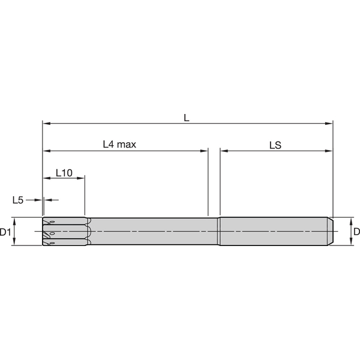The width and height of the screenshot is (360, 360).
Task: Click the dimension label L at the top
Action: pyautogui.click(x=187, y=118)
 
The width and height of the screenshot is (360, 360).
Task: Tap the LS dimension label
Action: pyautogui.click(x=275, y=145)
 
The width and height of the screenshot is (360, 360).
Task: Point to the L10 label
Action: pyautogui.click(x=64, y=172)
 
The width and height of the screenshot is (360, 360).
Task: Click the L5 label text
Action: pyautogui.click(x=18, y=199)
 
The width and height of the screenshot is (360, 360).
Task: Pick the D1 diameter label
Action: pyautogui.click(x=5, y=232)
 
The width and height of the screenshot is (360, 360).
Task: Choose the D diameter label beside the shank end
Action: pyautogui.click(x=356, y=232)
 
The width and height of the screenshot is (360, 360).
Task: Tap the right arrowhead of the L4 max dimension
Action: pyautogui.click(x=204, y=151)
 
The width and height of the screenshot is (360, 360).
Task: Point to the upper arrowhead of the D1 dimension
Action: pyautogui.click(x=15, y=220)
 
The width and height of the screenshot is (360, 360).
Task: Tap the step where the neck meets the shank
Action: pyautogui.click(x=220, y=231)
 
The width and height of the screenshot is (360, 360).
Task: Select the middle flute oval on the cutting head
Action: pyautogui.click(x=52, y=233)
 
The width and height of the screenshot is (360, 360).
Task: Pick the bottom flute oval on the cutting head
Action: pyautogui.click(x=53, y=243)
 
